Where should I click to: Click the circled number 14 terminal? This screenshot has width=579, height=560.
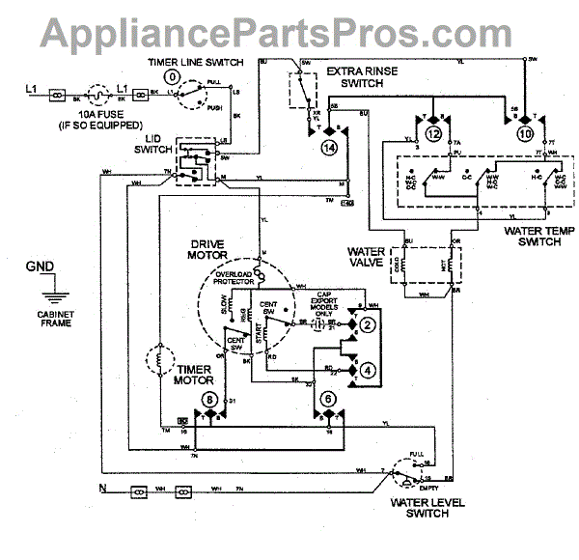click(x=330, y=148)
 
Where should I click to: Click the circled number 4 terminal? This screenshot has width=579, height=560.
click(x=368, y=371)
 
